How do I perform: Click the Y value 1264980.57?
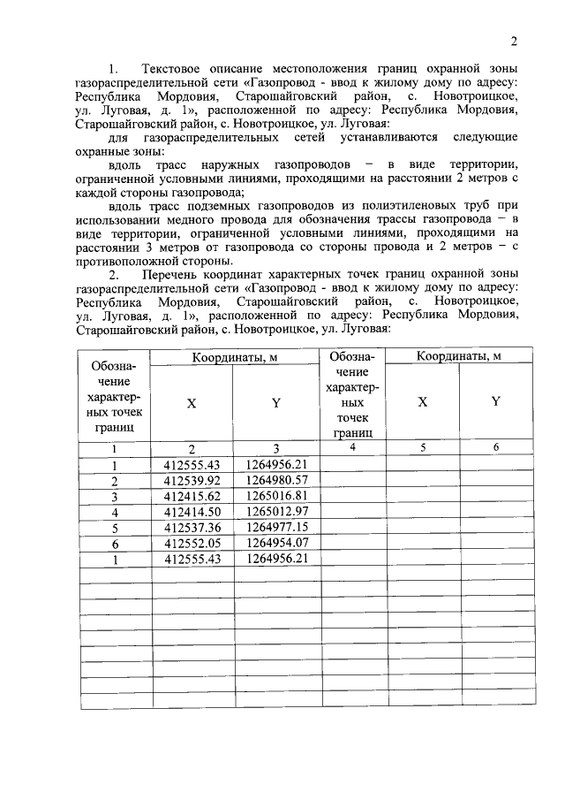(x=277, y=480)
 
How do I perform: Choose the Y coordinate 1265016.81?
(x=277, y=496)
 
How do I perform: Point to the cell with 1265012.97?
(x=277, y=512)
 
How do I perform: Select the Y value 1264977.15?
(x=277, y=528)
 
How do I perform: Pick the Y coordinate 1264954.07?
(x=277, y=544)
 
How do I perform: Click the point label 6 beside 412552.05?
(x=115, y=544)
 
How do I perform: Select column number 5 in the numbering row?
(x=423, y=447)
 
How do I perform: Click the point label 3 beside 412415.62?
(x=115, y=496)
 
